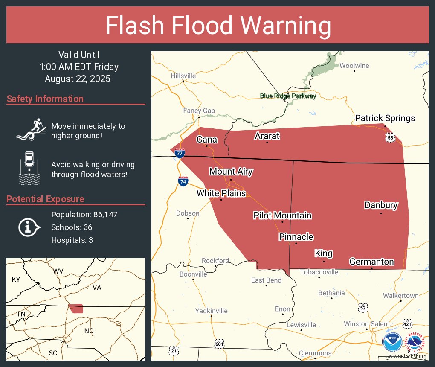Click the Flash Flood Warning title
coord(218,26)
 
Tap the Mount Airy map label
coord(231,172)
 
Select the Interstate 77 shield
coord(180,153)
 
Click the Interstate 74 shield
coord(183,181)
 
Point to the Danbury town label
coord(381,205)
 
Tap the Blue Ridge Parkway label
coord(288,96)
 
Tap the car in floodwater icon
coord(29,168)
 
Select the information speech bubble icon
coord(29,227)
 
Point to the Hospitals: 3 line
coord(72,240)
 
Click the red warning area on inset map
coord(77,309)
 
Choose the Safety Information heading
coord(45,99)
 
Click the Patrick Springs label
coord(385,118)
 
